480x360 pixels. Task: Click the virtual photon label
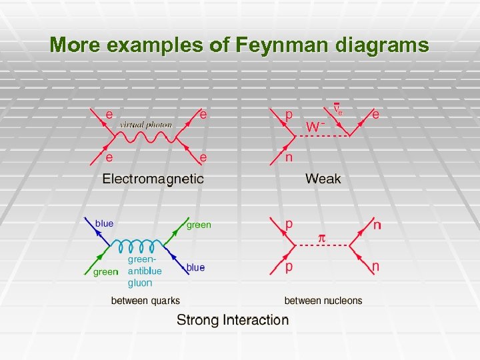tap(146, 125)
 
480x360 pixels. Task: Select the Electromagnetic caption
tap(153, 179)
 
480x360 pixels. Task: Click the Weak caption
tap(323, 179)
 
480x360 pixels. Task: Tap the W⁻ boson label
tap(315, 126)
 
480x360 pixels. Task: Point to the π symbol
tap(320, 237)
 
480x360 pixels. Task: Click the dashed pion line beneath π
tap(321, 246)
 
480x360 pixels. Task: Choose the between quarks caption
tap(145, 301)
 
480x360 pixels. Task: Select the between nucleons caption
tap(323, 301)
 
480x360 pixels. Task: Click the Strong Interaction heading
tap(233, 320)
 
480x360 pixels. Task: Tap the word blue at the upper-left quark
tap(105, 223)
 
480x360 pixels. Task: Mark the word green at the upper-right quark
tap(199, 225)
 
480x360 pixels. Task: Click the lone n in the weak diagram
tap(289, 158)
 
